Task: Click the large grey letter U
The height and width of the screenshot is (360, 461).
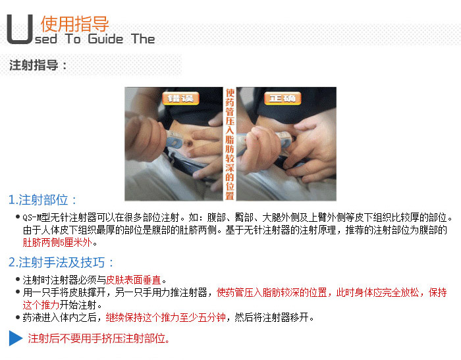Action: (x=19, y=30)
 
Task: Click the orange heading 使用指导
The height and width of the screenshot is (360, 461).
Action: (x=75, y=24)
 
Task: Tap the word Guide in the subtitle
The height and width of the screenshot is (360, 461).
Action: (x=105, y=39)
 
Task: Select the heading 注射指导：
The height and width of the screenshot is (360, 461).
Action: (x=38, y=65)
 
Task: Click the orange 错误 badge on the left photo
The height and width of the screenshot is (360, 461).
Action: (x=180, y=99)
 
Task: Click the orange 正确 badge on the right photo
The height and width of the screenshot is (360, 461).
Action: (x=283, y=99)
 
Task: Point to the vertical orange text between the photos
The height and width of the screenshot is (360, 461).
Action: (x=230, y=144)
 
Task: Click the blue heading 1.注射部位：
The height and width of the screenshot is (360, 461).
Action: (x=43, y=200)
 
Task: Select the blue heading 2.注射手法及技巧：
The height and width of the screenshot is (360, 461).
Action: (x=61, y=262)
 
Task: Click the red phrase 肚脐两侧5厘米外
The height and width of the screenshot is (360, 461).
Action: (x=58, y=242)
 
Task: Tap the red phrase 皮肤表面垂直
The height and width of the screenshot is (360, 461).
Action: (x=134, y=280)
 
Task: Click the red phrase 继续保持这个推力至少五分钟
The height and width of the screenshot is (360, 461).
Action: (x=165, y=317)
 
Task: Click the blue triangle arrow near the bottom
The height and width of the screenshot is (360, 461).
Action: (x=15, y=338)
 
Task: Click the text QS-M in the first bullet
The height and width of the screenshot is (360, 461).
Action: (x=32, y=218)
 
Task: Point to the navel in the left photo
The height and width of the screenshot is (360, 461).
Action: (x=188, y=143)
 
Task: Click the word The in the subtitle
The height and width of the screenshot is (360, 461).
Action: (x=143, y=39)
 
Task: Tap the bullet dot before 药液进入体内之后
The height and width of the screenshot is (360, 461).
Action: (x=18, y=317)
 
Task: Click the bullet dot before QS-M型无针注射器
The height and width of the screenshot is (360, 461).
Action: (x=18, y=217)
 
